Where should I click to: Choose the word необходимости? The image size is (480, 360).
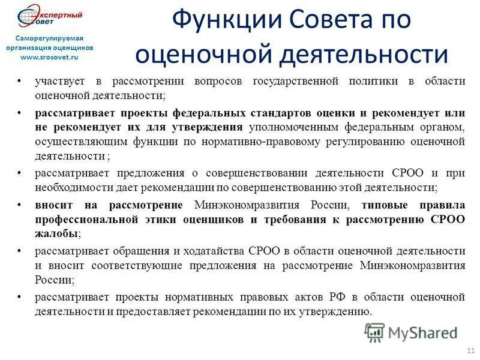coord(74,187)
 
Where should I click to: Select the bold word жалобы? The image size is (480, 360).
coord(56,233)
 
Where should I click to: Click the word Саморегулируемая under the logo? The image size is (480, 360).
coord(46,38)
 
